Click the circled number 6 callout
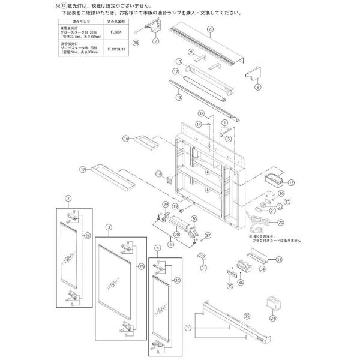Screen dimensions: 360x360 211,29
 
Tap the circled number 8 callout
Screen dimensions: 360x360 259,86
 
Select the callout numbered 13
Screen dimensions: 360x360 178,95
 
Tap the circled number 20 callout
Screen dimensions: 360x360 280,223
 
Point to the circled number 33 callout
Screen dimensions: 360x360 279,259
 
